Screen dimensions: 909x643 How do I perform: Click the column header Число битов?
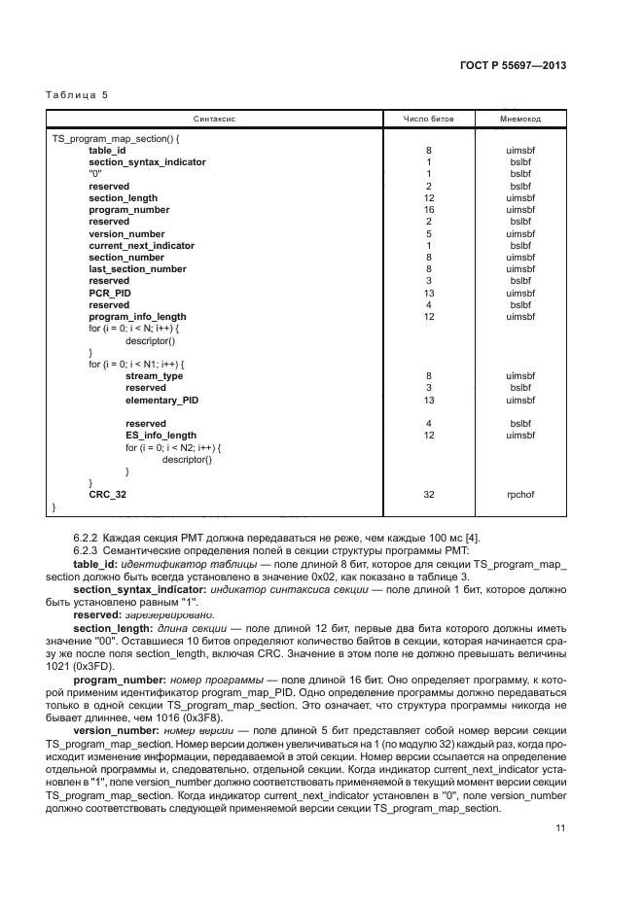(428, 119)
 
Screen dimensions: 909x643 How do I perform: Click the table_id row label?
(107, 151)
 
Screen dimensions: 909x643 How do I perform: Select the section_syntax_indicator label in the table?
(147, 162)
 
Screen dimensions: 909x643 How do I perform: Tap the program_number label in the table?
(123, 210)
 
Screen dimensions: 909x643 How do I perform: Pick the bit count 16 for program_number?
(428, 210)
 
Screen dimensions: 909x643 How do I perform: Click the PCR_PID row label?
(109, 293)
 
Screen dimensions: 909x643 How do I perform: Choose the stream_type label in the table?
(154, 375)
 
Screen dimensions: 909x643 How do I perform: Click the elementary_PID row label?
(163, 400)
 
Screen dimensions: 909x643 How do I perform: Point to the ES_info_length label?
(161, 436)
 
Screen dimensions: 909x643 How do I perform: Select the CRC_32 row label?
(107, 495)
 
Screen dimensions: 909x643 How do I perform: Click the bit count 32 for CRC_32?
(428, 495)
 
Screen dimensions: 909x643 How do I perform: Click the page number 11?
(560, 828)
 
